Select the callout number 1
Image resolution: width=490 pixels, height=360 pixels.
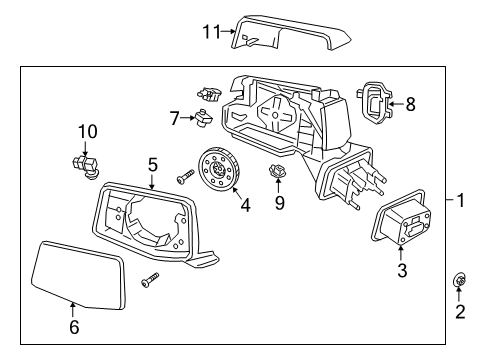tap(460, 200)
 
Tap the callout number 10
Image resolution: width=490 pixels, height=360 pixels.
tap(87, 131)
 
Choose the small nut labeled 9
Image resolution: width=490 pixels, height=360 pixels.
tap(277, 177)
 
